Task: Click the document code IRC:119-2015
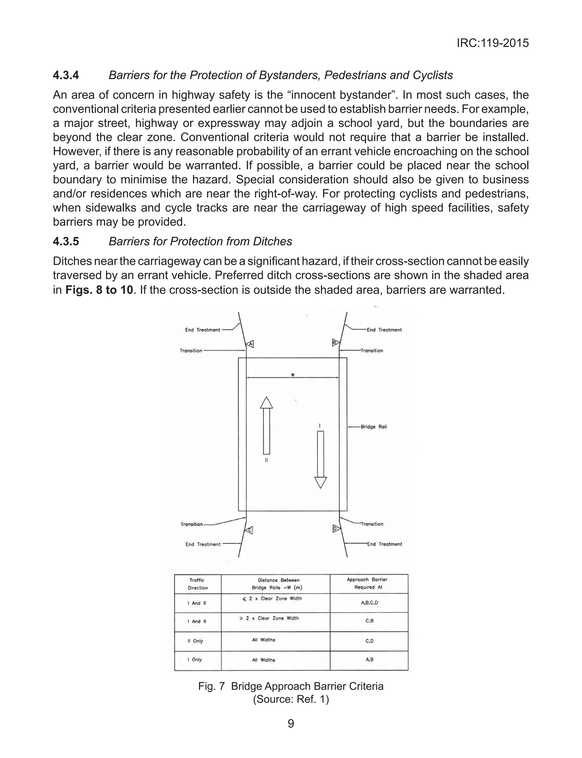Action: (492, 43)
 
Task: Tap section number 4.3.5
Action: (66, 241)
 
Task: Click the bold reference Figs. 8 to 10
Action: (99, 289)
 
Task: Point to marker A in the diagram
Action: (250, 344)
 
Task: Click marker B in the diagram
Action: (335, 343)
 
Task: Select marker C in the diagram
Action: (249, 530)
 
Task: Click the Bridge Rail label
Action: (373, 427)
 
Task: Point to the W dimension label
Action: (293, 375)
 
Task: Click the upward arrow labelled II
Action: (266, 425)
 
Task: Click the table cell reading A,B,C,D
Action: (369, 603)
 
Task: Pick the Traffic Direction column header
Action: (198, 584)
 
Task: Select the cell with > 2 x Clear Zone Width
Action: (269, 618)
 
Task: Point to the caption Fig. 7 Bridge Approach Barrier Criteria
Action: (291, 686)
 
